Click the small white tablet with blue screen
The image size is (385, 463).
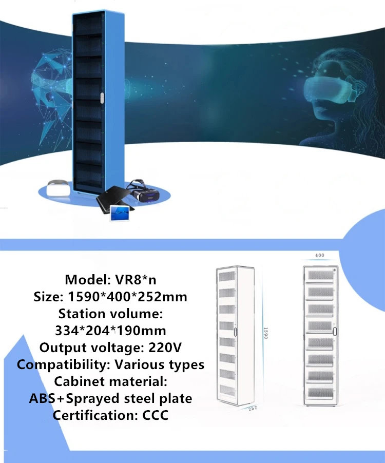[x=121, y=213]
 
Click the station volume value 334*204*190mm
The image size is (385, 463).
[x=110, y=330]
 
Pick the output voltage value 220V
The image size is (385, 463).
[x=165, y=348]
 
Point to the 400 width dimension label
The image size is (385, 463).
[x=319, y=255]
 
